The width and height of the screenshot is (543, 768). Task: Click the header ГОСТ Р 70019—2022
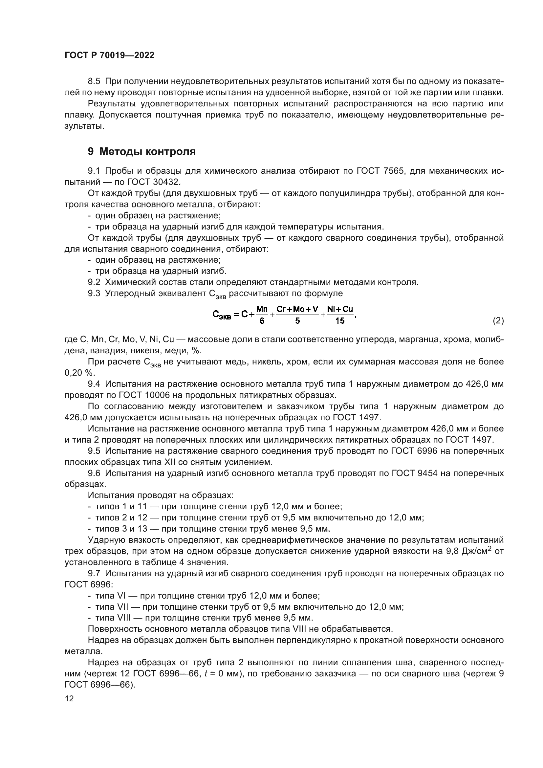click(109, 55)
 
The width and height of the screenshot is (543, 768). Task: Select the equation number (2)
click(498, 321)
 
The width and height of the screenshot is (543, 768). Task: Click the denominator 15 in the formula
click(340, 321)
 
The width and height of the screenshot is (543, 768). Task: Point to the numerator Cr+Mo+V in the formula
click(297, 309)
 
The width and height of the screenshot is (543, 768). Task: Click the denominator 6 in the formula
click(262, 321)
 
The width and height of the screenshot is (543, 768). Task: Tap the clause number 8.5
click(94, 81)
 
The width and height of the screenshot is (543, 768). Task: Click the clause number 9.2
click(94, 282)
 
